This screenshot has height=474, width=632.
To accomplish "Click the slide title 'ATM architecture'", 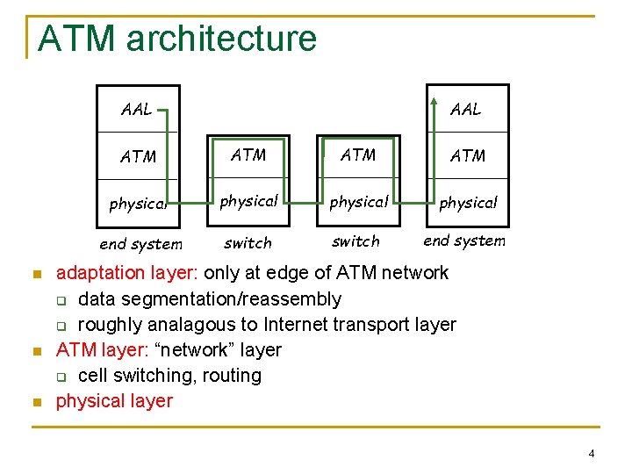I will click(x=177, y=39).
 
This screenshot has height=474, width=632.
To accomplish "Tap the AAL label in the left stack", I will click(x=136, y=110).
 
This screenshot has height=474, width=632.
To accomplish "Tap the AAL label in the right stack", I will click(x=465, y=109).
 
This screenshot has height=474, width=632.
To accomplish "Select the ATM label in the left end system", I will click(x=138, y=157).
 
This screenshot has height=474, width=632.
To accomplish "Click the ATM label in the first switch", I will click(x=248, y=155).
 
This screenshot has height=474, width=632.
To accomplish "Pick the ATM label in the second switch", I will click(x=358, y=155).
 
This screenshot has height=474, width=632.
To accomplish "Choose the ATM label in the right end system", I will click(x=467, y=156).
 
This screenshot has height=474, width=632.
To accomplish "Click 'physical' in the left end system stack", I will click(x=138, y=204).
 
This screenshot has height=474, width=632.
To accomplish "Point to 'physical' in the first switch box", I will click(x=248, y=201).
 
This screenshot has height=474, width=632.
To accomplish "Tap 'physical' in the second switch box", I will click(x=358, y=202).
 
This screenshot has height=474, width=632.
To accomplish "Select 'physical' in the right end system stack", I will click(x=468, y=203).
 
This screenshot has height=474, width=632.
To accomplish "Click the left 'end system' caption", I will click(x=140, y=244).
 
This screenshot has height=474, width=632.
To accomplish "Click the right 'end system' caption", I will click(x=464, y=241).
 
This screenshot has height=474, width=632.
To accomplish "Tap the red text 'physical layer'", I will click(x=114, y=401).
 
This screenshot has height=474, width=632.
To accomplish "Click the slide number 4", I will click(x=591, y=454).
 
